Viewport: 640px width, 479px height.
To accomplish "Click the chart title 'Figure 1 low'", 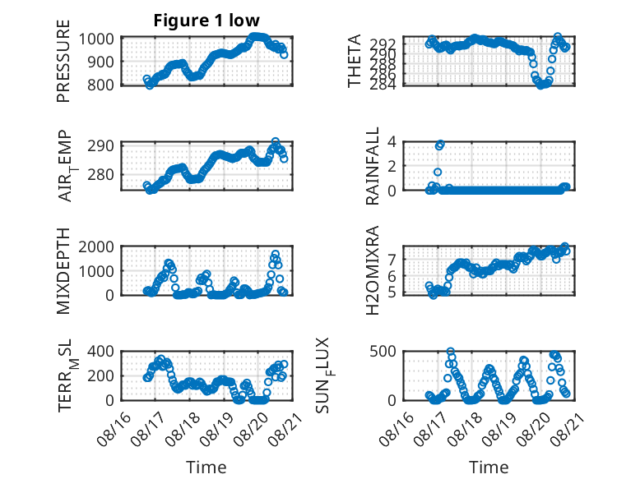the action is coord(206,21).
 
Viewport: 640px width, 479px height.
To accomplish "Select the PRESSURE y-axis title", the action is coord(63,61).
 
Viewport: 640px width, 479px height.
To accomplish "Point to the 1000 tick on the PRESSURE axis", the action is coord(96,39).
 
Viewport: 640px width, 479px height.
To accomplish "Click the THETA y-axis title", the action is coord(355,61).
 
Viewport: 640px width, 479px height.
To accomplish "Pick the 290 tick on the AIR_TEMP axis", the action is coord(100,145).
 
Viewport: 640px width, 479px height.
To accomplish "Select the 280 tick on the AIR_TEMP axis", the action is coord(100,174).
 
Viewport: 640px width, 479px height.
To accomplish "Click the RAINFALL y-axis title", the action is coord(373,166).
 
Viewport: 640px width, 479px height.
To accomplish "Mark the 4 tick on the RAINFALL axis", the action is coord(392,142).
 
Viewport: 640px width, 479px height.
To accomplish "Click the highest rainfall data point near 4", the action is coord(440,145).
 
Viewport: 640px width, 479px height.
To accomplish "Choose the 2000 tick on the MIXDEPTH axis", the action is coord(96,246).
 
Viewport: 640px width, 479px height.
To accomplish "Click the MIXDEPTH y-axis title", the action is coord(63,270).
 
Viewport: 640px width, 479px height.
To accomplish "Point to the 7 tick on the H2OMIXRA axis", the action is coord(392,259).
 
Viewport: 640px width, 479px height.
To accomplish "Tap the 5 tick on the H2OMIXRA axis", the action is coord(392,292).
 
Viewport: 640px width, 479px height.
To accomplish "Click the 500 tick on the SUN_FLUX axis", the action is coord(383,351).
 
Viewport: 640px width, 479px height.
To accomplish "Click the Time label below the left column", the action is coord(206,467).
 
